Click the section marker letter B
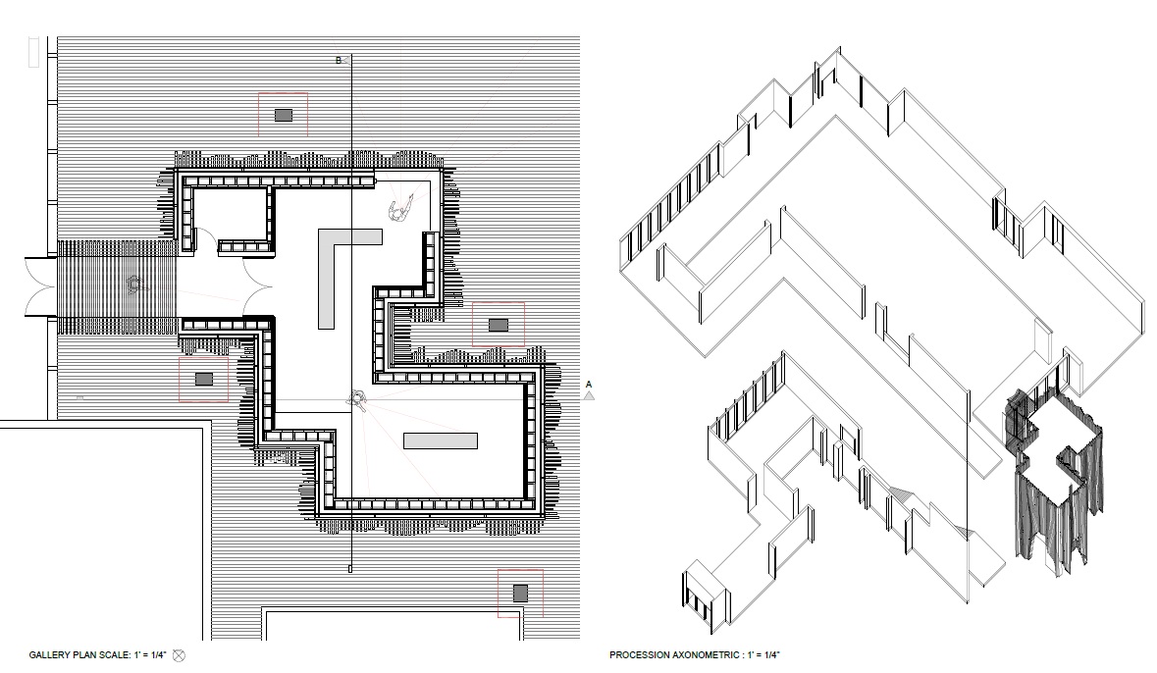coord(339,61)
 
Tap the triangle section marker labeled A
coord(589,396)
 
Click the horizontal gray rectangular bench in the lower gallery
coord(441,440)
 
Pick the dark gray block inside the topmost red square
coord(284,115)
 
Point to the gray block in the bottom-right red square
coord(521,594)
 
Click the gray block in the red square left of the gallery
coord(204,380)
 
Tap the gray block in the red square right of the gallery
coord(499,325)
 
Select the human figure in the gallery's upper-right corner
coord(401,209)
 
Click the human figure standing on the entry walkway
coord(134,284)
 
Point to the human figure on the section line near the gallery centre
coord(357,399)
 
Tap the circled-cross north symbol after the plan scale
coord(179,655)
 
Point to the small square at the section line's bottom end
coord(349,569)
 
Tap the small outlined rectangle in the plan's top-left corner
coord(33,52)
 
